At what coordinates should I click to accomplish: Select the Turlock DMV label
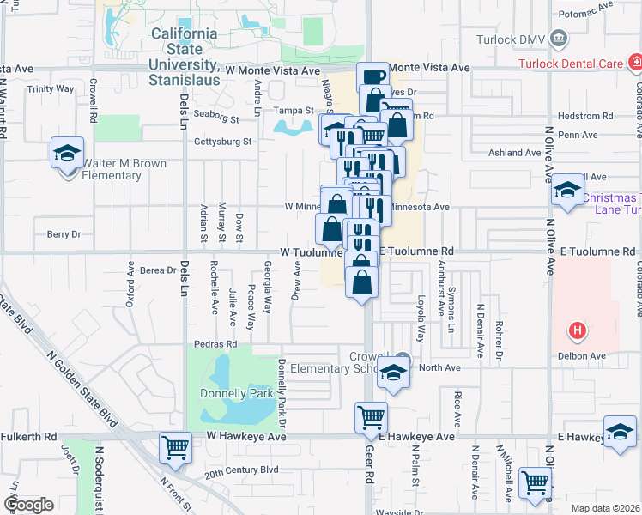pos(512,39)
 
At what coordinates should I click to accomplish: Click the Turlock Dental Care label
pos(568,64)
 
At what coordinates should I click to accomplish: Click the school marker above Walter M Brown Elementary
pos(68,154)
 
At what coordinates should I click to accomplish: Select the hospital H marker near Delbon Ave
pos(578,330)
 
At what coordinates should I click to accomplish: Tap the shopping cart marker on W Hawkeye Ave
pos(371,417)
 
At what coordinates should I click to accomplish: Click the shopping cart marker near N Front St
pos(175,446)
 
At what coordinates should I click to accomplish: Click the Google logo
pos(27,505)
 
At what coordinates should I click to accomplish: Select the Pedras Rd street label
pos(221,343)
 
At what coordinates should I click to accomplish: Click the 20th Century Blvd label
pos(242,470)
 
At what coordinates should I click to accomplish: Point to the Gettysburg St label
pos(223,142)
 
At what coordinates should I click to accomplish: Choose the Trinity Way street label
pos(51,88)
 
